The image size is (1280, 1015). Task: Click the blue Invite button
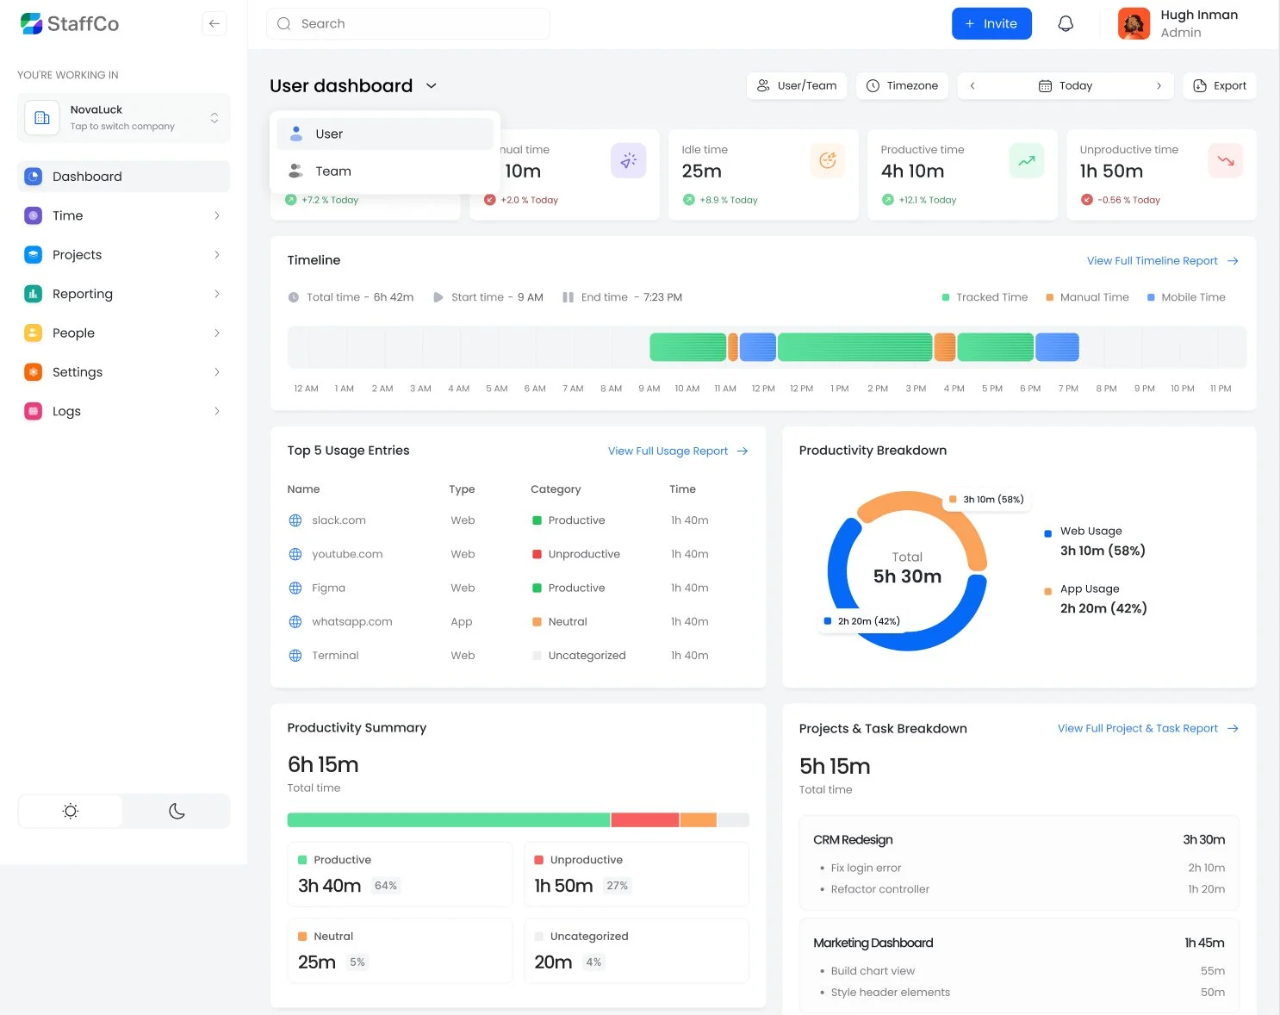click(991, 24)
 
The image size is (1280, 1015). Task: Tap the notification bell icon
click(1066, 24)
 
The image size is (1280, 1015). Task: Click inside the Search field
click(413, 24)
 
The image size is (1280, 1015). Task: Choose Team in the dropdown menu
click(332, 171)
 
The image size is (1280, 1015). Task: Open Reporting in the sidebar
click(83, 294)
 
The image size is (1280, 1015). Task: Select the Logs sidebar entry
click(66, 411)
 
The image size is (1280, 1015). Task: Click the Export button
click(1220, 86)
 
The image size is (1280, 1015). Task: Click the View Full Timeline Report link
click(1153, 261)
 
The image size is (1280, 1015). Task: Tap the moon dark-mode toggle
click(177, 811)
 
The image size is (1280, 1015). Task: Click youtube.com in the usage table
click(347, 554)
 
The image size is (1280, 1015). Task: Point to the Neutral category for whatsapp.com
click(567, 622)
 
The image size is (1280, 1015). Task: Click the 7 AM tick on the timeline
click(573, 389)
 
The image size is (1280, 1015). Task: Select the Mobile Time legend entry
click(1192, 297)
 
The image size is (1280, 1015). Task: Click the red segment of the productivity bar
click(644, 820)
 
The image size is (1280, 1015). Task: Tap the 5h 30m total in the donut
click(907, 576)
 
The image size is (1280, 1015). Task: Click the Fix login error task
click(866, 868)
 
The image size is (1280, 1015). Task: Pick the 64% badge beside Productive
click(386, 886)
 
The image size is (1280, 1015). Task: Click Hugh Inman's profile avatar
click(1134, 24)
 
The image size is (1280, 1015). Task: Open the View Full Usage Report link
click(668, 451)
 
